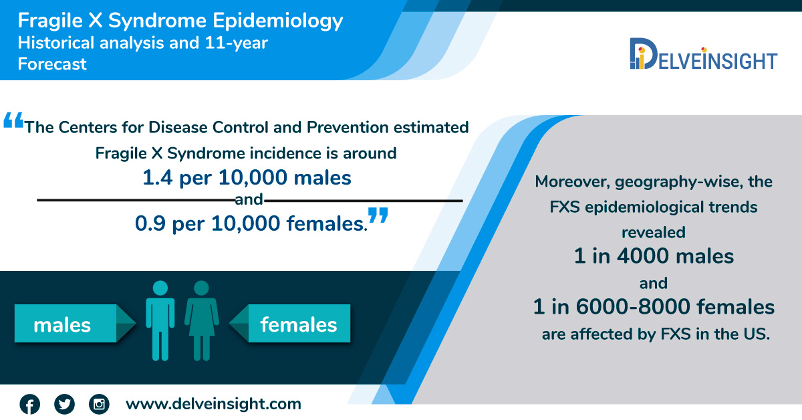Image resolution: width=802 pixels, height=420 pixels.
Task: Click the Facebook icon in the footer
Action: click(x=29, y=404)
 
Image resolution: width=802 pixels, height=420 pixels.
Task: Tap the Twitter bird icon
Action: click(x=64, y=404)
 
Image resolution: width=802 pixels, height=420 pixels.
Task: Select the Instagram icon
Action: click(x=99, y=404)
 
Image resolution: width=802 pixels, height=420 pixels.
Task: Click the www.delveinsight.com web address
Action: click(x=213, y=404)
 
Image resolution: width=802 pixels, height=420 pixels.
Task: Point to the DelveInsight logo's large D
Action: click(x=644, y=54)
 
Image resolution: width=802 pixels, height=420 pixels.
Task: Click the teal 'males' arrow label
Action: click(x=75, y=324)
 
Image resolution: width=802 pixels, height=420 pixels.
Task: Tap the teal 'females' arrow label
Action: click(x=289, y=324)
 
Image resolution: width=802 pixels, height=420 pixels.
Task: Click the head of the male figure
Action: click(x=160, y=288)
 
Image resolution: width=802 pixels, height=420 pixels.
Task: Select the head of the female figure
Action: click(x=201, y=288)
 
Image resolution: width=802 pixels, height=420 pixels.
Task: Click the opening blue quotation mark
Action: click(x=13, y=120)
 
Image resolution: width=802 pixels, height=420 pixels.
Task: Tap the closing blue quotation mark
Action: click(x=378, y=215)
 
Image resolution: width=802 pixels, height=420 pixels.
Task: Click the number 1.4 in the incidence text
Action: click(x=158, y=178)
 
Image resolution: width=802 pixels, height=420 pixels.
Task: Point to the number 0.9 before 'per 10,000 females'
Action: click(x=150, y=224)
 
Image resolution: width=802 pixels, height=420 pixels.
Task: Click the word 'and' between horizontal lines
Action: click(x=249, y=199)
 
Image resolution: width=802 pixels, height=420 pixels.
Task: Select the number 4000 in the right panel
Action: click(x=643, y=257)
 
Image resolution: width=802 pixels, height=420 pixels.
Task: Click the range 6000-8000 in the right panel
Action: click(x=633, y=307)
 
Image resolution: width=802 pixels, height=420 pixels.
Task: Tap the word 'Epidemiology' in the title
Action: click(x=278, y=21)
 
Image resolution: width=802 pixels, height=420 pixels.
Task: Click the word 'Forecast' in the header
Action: click(x=52, y=64)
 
